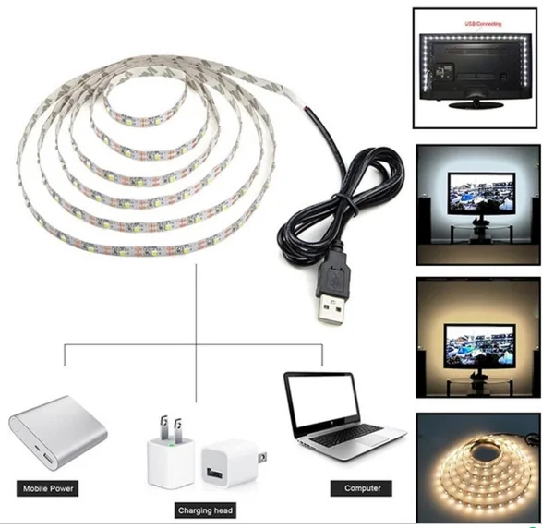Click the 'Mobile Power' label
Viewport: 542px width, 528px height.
pyautogui.click(x=48, y=488)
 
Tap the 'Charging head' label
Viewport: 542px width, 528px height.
pyautogui.click(x=205, y=510)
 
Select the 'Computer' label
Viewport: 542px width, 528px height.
pyautogui.click(x=362, y=488)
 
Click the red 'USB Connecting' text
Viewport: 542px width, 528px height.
pyautogui.click(x=483, y=24)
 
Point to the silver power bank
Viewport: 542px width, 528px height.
pyautogui.click(x=58, y=433)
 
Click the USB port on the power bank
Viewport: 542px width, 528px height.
pyautogui.click(x=48, y=460)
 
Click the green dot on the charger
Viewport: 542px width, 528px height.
pyautogui.click(x=171, y=445)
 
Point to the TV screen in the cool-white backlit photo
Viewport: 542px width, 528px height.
pyautogui.click(x=481, y=193)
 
